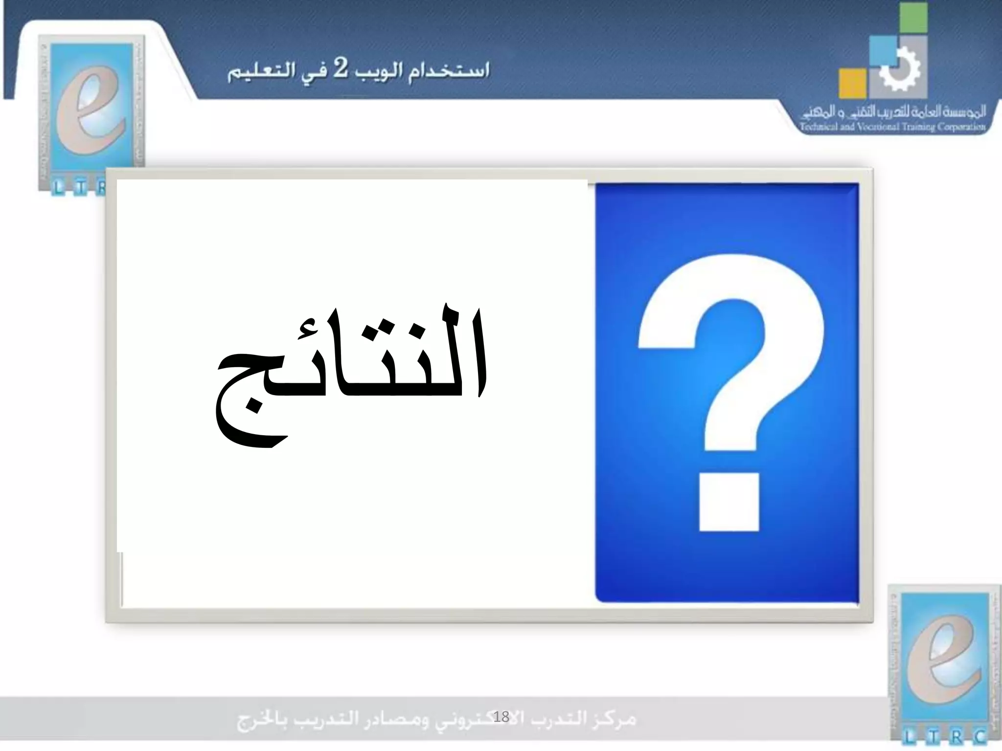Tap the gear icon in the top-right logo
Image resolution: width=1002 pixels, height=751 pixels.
901,70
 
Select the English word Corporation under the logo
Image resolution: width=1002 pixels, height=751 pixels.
961,127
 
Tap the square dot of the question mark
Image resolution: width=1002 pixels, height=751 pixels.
729,502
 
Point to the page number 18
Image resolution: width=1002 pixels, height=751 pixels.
501,717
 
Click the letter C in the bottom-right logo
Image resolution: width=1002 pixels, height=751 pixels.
979,737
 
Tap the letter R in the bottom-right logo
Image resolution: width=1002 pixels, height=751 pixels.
957,737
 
